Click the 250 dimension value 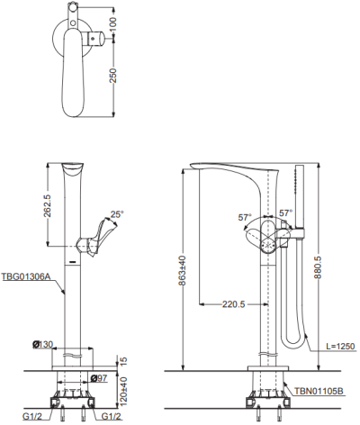coord(113,76)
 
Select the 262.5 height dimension coord(48,205)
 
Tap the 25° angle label coord(117,214)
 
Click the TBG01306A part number coord(25,276)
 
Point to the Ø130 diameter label coord(42,345)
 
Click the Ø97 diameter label coord(98,378)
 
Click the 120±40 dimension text coord(123,390)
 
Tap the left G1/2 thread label coord(32,417)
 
